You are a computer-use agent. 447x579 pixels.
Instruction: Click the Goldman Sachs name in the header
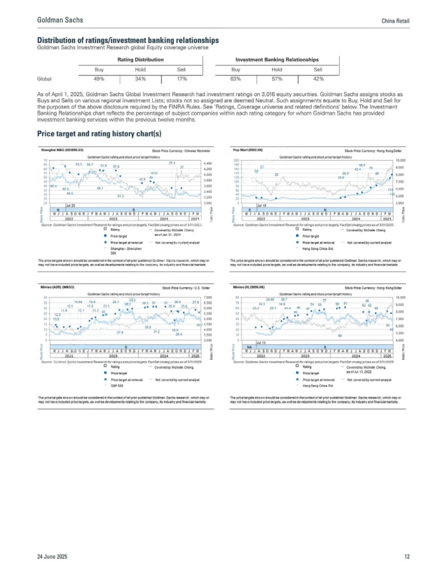point(60,20)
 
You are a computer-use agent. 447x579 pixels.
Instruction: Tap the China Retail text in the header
point(395,21)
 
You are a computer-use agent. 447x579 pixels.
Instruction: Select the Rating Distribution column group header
point(140,60)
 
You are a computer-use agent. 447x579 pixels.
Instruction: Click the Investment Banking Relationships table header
point(277,60)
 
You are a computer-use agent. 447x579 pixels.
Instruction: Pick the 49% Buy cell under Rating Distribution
point(99,79)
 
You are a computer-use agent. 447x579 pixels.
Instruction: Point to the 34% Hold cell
point(140,79)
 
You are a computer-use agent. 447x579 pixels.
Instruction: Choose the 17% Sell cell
point(182,79)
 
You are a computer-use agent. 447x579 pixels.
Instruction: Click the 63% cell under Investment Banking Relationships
point(236,79)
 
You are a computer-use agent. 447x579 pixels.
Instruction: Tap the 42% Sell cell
point(318,79)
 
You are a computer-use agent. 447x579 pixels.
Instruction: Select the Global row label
point(44,79)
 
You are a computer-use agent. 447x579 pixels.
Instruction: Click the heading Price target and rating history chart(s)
point(99,134)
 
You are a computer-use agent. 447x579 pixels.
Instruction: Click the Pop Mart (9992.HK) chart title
point(248,150)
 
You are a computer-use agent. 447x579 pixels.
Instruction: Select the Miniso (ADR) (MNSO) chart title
point(57,287)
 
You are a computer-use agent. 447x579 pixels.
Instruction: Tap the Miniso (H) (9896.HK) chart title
point(249,287)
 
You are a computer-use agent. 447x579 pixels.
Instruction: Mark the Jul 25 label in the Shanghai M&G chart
point(71,205)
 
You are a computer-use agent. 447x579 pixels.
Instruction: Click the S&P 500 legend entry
point(117,386)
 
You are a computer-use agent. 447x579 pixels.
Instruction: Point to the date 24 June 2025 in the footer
point(52,557)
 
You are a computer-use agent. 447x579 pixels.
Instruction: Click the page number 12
point(407,557)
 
